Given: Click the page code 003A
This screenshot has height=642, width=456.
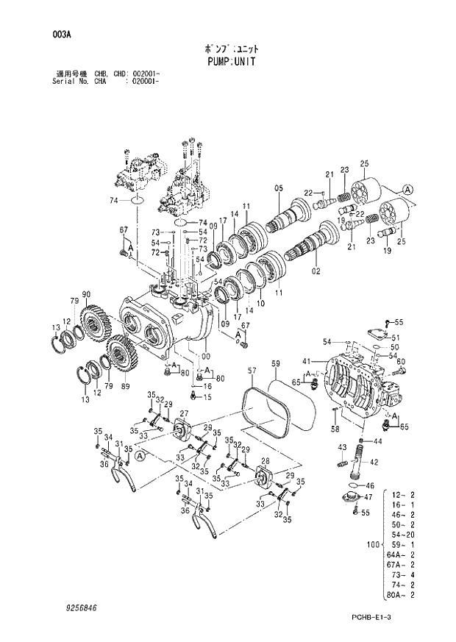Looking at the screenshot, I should tap(62, 35).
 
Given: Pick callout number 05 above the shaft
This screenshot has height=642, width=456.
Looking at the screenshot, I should tap(279, 188).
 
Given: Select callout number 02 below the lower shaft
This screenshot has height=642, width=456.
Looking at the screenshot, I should tap(317, 271).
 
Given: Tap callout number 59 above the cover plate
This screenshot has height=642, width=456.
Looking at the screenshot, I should tap(276, 363).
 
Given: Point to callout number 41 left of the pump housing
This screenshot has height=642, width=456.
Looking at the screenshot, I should tap(306, 362).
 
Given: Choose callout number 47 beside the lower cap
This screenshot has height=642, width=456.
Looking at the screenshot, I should tap(369, 497).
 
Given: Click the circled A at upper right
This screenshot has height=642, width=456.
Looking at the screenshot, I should tap(409, 189).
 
